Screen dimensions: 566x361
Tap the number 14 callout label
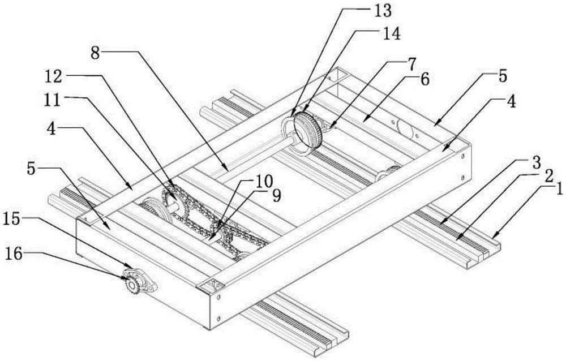(x=390, y=33)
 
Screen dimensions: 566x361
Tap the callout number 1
(x=558, y=190)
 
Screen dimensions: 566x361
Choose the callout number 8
(x=95, y=54)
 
